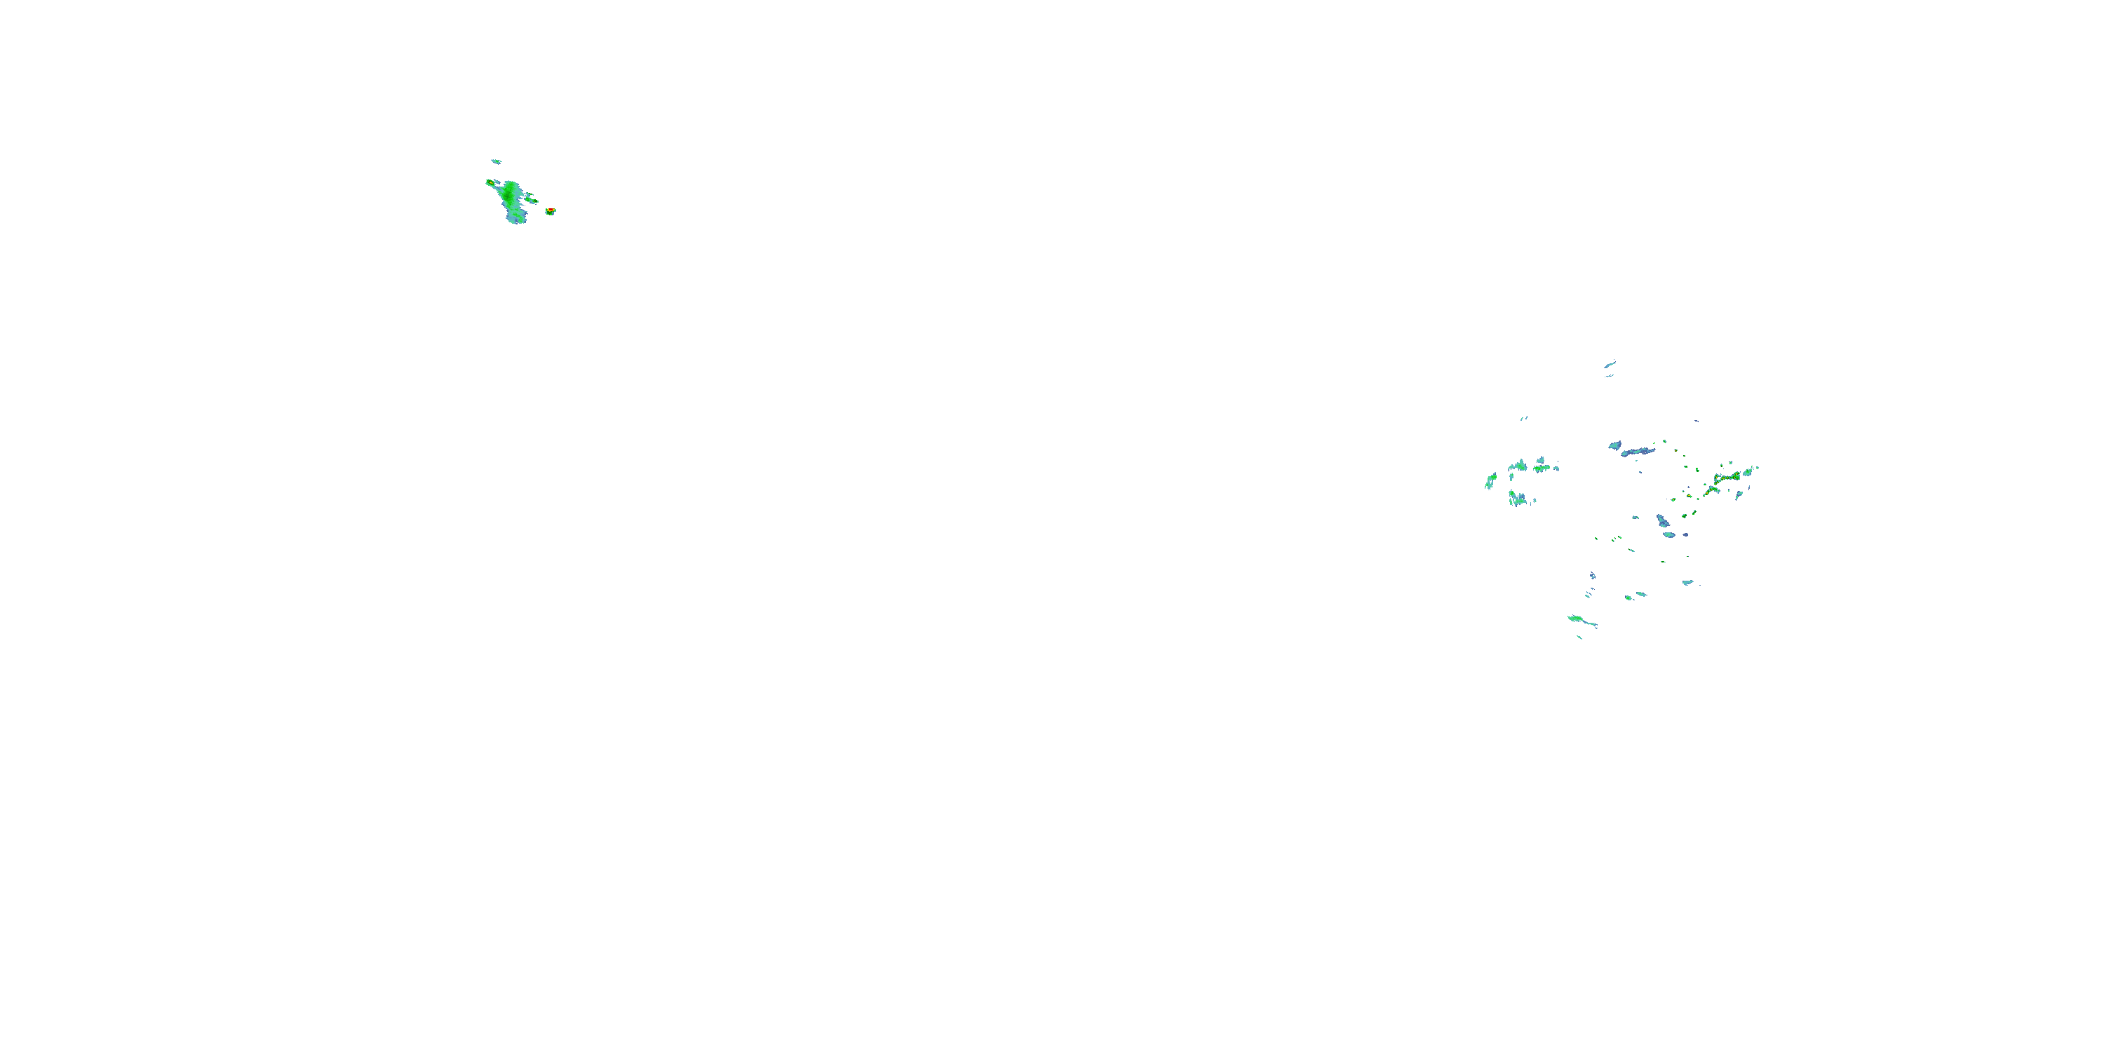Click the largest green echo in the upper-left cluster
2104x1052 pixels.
click(511, 198)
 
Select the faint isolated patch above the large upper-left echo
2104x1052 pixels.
click(496, 162)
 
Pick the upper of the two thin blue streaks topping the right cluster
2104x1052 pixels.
click(1610, 364)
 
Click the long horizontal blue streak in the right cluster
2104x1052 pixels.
click(1638, 451)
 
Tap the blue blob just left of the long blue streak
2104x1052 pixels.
click(1614, 445)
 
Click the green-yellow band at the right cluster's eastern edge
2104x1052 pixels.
click(1727, 476)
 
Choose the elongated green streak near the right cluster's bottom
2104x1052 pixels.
click(1582, 621)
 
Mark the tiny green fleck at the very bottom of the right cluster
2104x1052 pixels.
click(1579, 637)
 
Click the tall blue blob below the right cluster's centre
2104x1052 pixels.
click(1663, 520)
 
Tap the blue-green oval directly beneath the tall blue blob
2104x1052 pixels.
click(1669, 535)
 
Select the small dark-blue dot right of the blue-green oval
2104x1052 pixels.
click(1685, 534)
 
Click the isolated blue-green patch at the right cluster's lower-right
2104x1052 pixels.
click(1687, 582)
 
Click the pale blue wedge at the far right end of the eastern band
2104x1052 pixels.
click(1748, 471)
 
